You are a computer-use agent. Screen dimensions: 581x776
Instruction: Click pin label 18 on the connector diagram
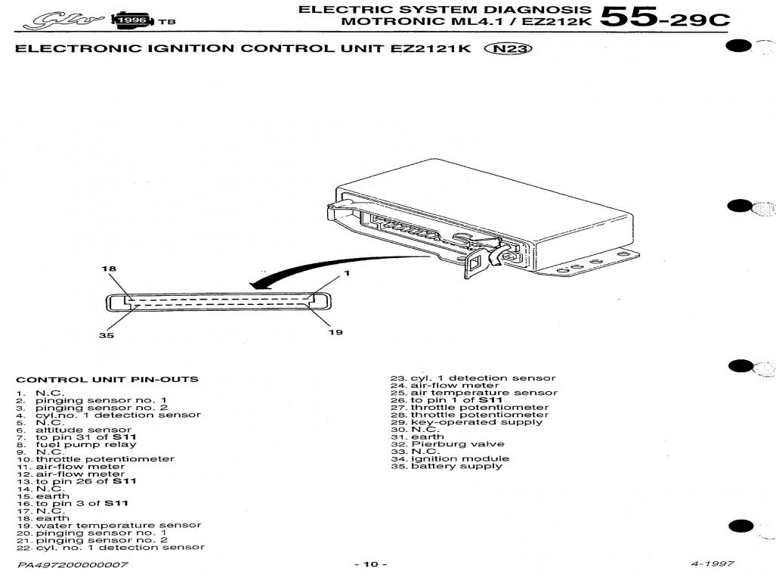coord(109,269)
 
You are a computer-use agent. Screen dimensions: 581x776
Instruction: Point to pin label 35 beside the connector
coord(107,335)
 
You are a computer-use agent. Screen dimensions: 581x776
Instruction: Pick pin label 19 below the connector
coord(335,332)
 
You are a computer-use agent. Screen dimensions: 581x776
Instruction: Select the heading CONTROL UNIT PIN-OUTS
coord(107,379)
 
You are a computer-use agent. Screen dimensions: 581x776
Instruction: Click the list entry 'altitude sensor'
coord(83,429)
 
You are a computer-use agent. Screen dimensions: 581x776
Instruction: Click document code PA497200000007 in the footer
coord(73,565)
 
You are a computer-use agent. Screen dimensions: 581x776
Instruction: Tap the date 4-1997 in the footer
coord(712,564)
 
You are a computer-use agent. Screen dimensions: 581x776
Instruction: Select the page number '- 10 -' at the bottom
coord(370,565)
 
